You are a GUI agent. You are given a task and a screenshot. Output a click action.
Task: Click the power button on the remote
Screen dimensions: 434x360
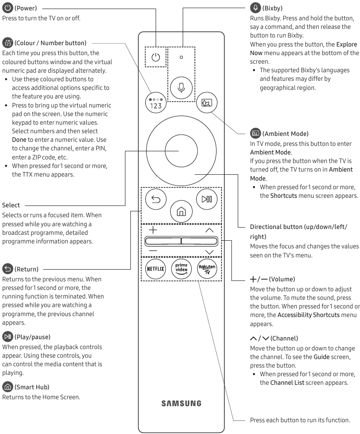point(156,57)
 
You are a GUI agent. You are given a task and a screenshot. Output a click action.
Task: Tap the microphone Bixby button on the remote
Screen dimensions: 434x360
point(181,87)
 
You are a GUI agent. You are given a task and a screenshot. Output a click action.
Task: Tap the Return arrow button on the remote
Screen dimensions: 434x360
point(156,199)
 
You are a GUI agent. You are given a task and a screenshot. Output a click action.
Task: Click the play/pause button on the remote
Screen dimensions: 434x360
point(207,199)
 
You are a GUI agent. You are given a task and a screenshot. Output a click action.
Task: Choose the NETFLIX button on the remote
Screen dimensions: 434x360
point(156,268)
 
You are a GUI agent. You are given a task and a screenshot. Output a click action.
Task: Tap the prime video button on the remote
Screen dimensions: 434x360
point(181,268)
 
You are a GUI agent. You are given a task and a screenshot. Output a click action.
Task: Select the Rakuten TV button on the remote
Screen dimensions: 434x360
point(207,268)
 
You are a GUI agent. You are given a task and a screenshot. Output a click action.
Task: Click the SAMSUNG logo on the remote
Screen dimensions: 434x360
point(181,403)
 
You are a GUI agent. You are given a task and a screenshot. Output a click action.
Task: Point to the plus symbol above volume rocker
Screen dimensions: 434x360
point(153,230)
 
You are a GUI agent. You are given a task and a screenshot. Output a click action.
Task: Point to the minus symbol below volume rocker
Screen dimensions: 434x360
point(153,251)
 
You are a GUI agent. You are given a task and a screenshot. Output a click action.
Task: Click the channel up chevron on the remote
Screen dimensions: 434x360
point(209,230)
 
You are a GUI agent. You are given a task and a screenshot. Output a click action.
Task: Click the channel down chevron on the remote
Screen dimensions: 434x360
point(209,252)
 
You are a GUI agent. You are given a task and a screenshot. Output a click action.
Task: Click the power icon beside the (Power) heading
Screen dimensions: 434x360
point(8,8)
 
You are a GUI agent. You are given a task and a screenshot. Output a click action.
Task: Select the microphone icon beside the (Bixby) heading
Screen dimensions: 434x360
point(255,8)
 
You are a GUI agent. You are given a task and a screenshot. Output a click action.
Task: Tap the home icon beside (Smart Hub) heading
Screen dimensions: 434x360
point(8,387)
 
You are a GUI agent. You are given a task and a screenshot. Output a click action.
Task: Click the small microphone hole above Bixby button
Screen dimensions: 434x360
point(181,57)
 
